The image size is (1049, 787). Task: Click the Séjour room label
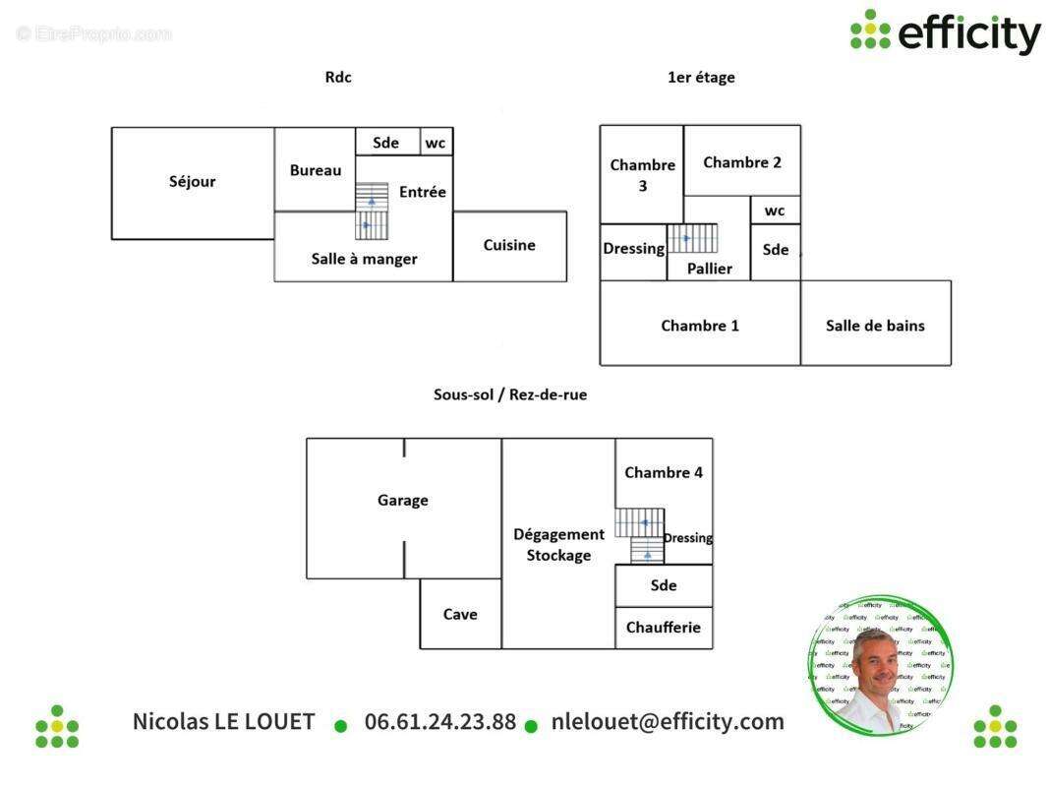(192, 182)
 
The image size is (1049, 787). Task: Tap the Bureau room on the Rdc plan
(316, 170)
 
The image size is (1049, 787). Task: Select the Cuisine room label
(509, 245)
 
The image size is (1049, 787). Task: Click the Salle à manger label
(364, 259)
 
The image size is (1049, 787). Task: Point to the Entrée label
(422, 192)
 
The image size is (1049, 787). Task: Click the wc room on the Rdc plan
(436, 143)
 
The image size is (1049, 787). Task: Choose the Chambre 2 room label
(742, 162)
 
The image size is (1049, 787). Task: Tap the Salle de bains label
(875, 326)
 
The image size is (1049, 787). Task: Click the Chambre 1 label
(700, 326)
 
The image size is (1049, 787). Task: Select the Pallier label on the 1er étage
(709, 269)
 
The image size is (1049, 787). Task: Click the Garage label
(403, 501)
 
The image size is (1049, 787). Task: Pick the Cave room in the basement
(460, 614)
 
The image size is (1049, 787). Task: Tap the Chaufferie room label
(663, 628)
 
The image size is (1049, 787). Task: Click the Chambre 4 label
(664, 472)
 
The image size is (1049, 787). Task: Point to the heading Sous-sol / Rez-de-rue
(510, 394)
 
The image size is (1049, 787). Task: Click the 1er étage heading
(701, 78)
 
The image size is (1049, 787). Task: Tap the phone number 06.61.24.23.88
(440, 721)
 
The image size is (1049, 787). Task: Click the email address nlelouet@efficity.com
(668, 721)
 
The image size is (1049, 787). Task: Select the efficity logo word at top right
(968, 33)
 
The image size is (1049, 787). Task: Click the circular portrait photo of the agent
(882, 665)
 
